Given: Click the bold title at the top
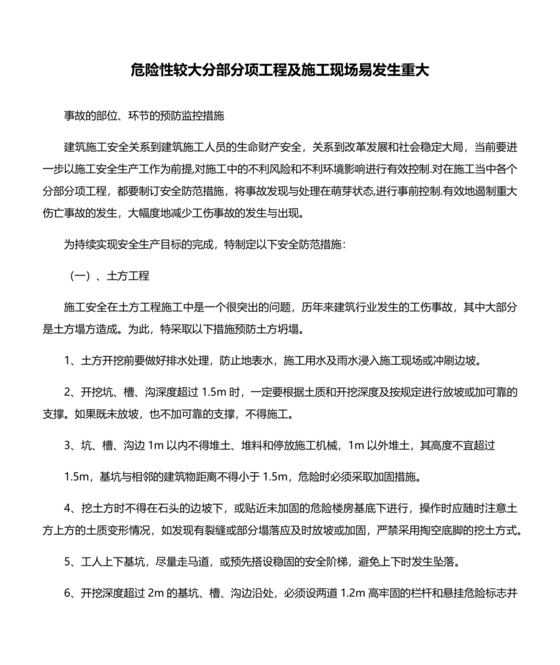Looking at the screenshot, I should pos(279,71).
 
